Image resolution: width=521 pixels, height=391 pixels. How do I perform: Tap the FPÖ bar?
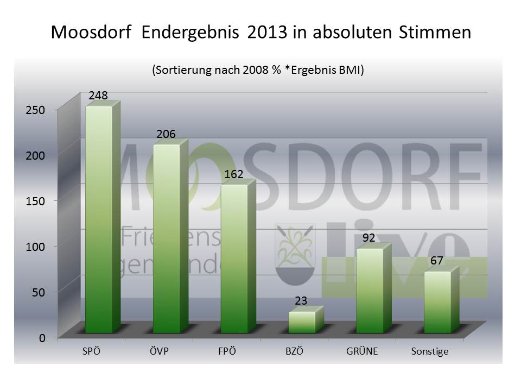(234, 258)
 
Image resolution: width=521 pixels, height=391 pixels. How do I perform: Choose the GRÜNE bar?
(370, 290)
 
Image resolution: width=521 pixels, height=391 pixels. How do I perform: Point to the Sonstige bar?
(437, 301)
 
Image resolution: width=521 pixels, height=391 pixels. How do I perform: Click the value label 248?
(98, 95)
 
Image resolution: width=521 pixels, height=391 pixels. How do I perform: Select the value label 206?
(166, 134)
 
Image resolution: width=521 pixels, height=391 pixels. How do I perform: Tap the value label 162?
(233, 174)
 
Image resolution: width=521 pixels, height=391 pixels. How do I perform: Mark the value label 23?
(301, 300)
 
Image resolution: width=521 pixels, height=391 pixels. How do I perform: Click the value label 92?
(370, 237)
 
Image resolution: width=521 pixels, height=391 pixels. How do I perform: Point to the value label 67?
(437, 261)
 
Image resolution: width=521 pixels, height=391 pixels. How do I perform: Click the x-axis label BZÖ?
(294, 351)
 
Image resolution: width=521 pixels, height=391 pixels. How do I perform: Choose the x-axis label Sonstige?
(429, 352)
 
